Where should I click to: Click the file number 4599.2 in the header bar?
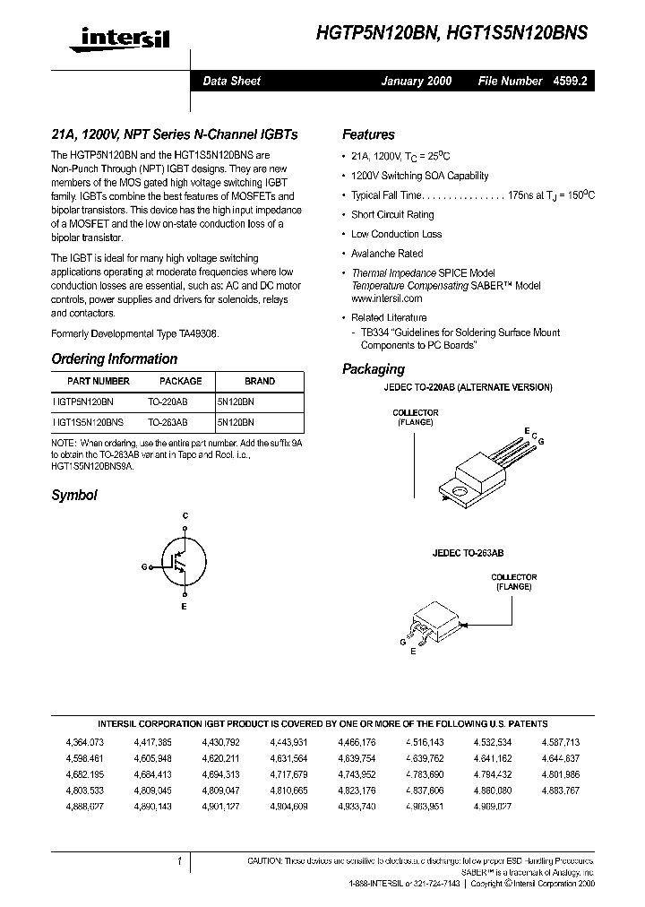[572, 81]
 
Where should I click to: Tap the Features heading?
[368, 134]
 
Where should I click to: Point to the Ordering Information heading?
[114, 358]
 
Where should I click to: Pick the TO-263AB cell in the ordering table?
[168, 420]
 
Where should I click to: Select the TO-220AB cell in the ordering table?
[168, 402]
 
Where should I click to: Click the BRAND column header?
[259, 381]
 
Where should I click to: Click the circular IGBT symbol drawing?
[185, 561]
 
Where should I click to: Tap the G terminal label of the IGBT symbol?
[144, 567]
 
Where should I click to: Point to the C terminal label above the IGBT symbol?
[185, 515]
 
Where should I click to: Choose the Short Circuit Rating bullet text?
[392, 215]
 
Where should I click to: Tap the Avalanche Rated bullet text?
[387, 254]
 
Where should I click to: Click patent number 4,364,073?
[85, 742]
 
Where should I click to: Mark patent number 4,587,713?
[561, 742]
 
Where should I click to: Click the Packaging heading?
[374, 369]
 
